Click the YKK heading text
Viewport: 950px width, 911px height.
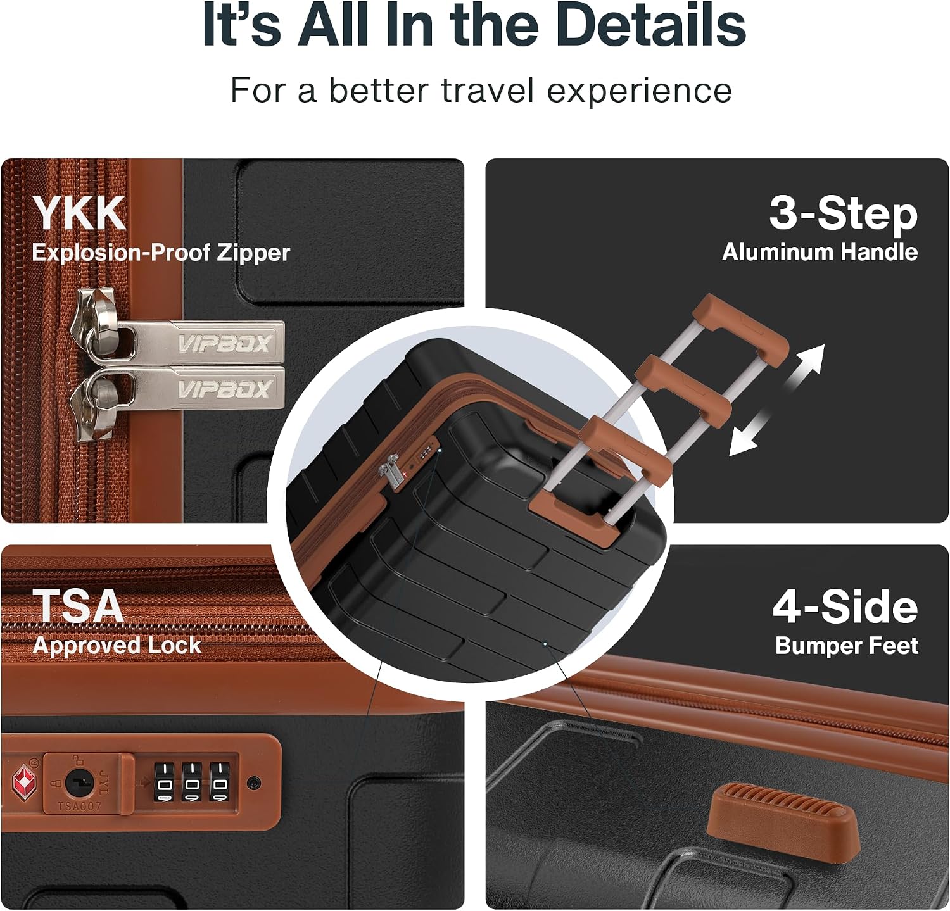[x=79, y=213]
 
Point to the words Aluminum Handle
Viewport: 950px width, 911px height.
[x=820, y=252]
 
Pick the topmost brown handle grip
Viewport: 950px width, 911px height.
[x=741, y=327]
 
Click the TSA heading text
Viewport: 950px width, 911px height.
[x=78, y=606]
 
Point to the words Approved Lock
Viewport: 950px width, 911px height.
[x=117, y=645]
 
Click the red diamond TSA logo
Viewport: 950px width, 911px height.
[x=25, y=781]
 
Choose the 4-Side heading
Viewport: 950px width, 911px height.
[x=845, y=606]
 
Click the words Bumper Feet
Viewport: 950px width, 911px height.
[x=847, y=646]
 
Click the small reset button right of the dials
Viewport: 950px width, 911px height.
[x=253, y=782]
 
